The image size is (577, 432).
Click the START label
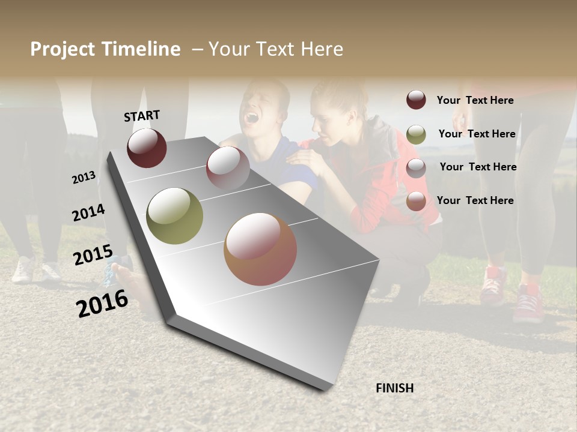point(142,116)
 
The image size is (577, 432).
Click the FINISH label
point(394,388)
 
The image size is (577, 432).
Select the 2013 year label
point(84,178)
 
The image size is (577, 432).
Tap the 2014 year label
point(88,213)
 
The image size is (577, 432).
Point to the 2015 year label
point(93,255)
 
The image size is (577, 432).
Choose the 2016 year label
point(102,303)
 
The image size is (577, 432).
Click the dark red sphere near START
point(147,148)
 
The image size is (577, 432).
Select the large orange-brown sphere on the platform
point(260,249)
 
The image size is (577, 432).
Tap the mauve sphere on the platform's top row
point(228,168)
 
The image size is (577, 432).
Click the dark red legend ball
point(416,100)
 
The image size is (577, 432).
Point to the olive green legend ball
point(416,134)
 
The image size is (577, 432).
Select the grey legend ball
point(416,168)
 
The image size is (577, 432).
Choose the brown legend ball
point(416,202)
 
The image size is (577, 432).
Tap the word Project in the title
point(63,49)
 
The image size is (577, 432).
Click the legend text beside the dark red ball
point(475,100)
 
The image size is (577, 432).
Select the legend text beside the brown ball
point(475,200)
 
